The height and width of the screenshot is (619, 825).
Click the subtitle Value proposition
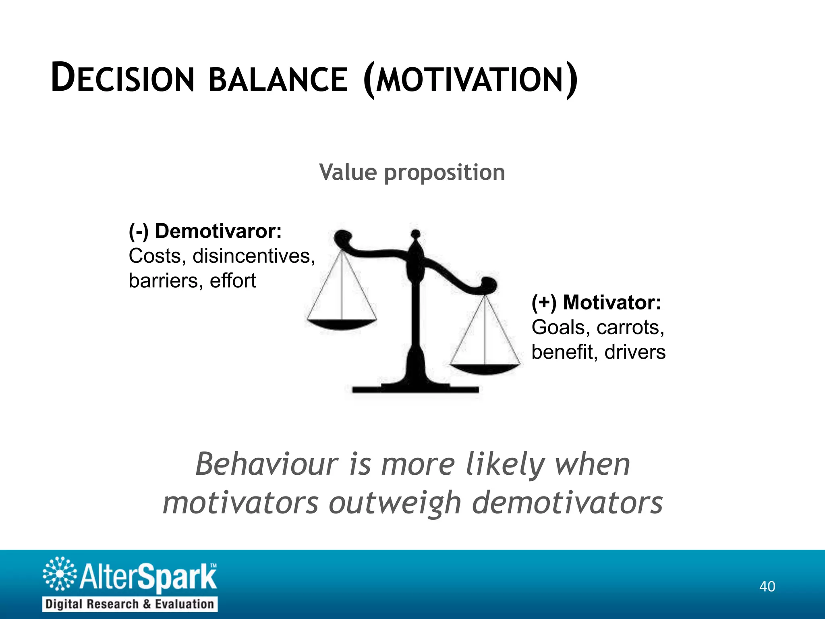tap(412, 172)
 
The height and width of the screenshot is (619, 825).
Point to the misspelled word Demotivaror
tap(218, 231)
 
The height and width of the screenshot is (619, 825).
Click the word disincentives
tap(253, 256)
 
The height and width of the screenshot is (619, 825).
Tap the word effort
tap(233, 281)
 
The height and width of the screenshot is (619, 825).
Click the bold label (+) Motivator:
tap(596, 302)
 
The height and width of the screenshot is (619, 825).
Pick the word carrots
tap(630, 327)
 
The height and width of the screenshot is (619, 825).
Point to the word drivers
tap(635, 352)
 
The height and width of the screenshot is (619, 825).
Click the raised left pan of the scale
tap(342, 324)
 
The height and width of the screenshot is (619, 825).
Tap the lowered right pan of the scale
tap(485, 368)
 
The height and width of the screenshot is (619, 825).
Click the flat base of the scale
tap(415, 389)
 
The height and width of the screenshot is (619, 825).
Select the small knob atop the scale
tap(416, 234)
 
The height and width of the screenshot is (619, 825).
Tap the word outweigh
tap(395, 503)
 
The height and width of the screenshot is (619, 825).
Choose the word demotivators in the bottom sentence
tap(567, 503)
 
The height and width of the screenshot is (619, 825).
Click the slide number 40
tap(767, 586)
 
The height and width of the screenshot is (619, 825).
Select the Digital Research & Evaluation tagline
tap(130, 604)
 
